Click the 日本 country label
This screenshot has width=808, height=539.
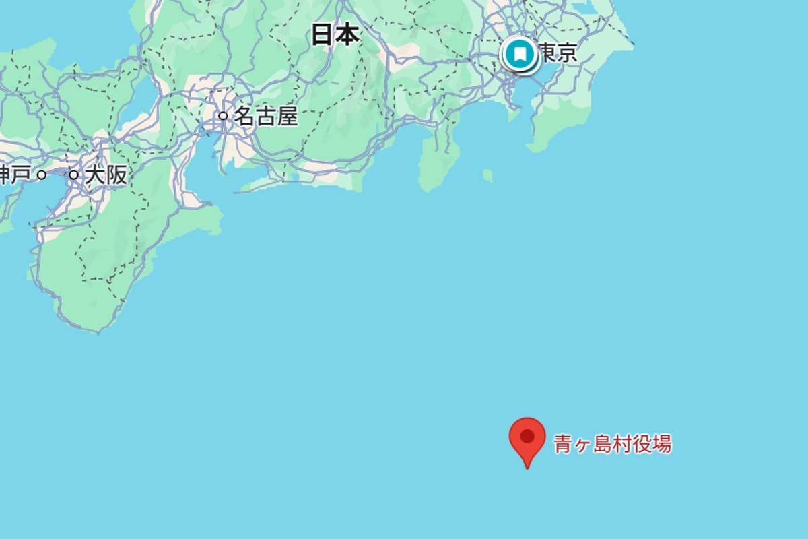pos(335,34)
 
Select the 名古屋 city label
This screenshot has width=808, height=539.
pos(265,117)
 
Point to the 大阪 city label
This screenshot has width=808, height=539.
pos(106,175)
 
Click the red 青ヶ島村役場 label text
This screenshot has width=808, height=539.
pos(612,444)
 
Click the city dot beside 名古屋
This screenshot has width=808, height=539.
pos(223,116)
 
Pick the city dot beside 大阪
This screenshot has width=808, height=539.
pos(73,175)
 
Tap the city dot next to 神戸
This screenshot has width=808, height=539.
pos(42,175)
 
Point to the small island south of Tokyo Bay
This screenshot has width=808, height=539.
pos(487,175)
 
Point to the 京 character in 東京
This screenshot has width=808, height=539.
pos(568,53)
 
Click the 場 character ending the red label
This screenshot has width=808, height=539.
pos(661,444)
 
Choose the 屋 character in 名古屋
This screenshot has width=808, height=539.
pos(287,117)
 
